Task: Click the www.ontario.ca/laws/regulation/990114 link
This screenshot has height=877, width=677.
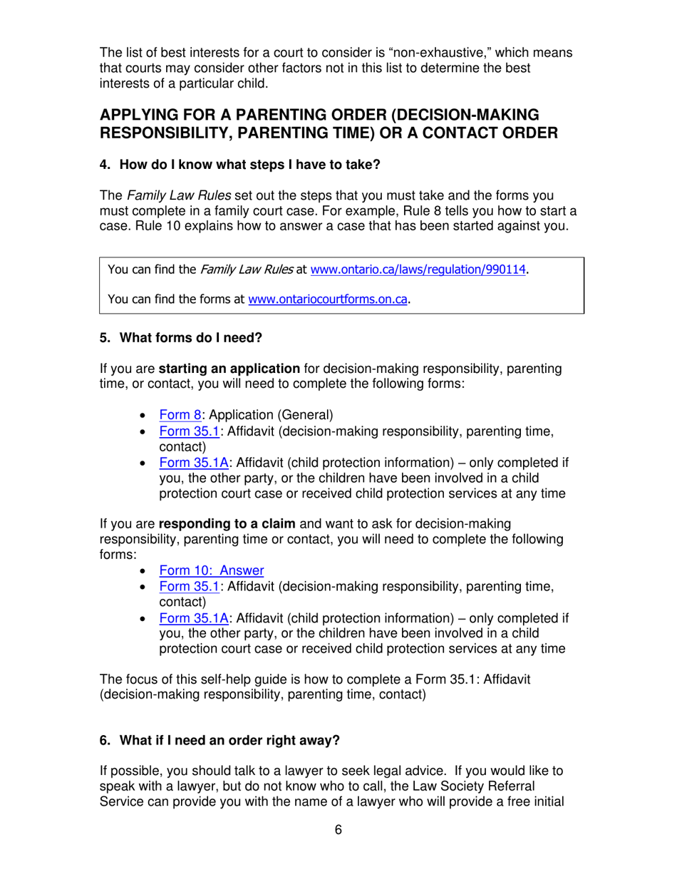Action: (420, 270)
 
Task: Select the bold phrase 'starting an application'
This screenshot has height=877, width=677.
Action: (228, 369)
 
